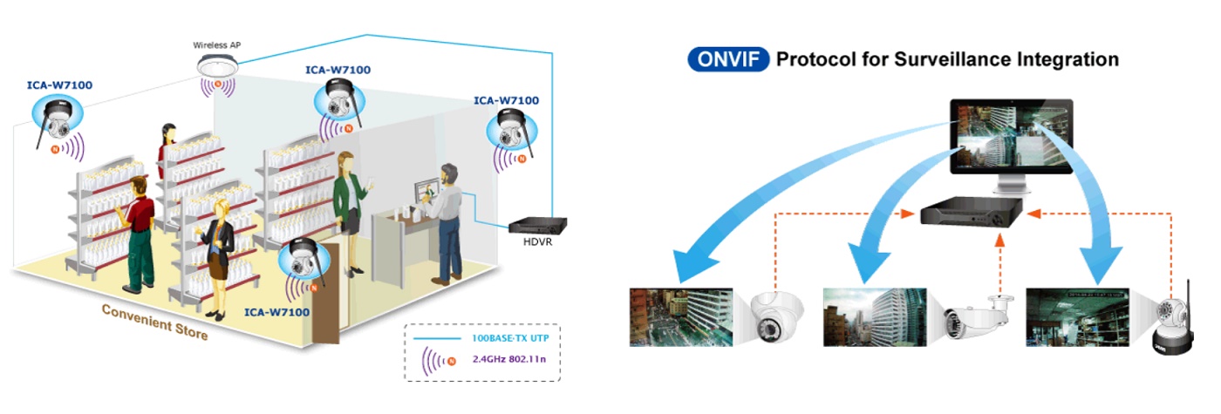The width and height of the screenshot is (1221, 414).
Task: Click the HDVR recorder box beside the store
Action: point(533,224)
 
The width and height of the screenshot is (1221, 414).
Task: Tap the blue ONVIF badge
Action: point(728,59)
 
